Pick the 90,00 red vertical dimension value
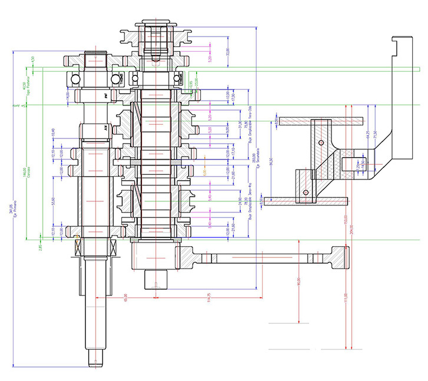[x=299, y=282]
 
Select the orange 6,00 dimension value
[x=205, y=173]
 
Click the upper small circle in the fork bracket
[x=321, y=143]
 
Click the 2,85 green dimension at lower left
[x=41, y=247]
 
